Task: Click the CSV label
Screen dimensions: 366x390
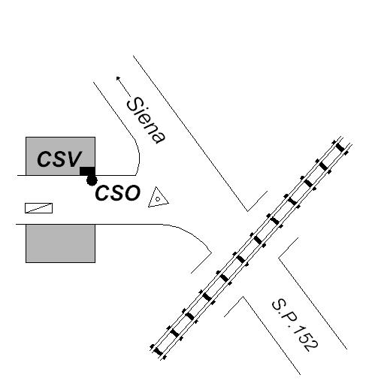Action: click(x=59, y=159)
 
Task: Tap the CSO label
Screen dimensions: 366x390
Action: click(x=117, y=193)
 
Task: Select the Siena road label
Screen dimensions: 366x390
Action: click(x=146, y=120)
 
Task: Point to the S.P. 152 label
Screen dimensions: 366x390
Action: click(x=295, y=325)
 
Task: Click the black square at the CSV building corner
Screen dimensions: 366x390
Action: click(x=87, y=171)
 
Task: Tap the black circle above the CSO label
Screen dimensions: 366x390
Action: click(x=92, y=180)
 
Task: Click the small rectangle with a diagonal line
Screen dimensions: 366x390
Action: click(x=38, y=208)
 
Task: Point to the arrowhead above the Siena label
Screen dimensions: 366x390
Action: click(x=118, y=78)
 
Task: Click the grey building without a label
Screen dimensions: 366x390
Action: click(x=60, y=243)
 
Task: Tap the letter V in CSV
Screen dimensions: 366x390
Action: click(x=74, y=159)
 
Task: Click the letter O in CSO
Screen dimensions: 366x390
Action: click(x=132, y=193)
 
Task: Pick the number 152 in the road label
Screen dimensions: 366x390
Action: click(x=305, y=338)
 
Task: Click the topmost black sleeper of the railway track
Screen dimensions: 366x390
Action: click(x=340, y=147)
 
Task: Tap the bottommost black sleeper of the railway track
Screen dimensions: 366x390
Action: click(x=158, y=352)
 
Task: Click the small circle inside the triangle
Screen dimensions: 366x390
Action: click(x=158, y=199)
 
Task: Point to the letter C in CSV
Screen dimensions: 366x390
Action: click(x=44, y=159)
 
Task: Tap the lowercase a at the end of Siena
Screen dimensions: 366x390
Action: click(x=159, y=137)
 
